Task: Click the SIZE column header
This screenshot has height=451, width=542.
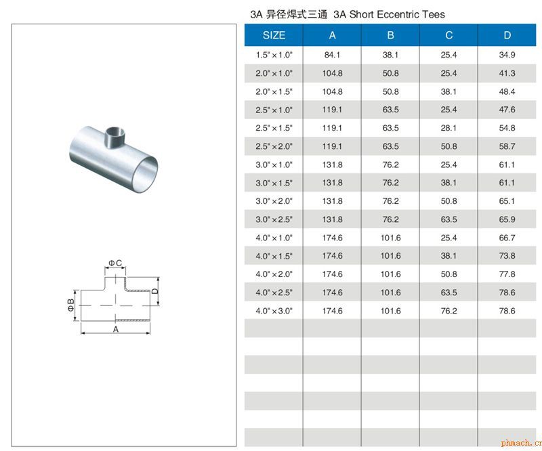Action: click(274, 35)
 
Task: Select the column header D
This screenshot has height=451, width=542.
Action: click(507, 35)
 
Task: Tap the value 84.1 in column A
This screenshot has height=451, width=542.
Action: click(332, 55)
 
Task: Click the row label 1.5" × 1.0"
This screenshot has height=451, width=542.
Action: click(274, 55)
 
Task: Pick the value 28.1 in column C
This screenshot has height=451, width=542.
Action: click(449, 128)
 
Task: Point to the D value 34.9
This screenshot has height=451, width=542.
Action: click(507, 55)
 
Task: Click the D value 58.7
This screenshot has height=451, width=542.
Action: click(507, 146)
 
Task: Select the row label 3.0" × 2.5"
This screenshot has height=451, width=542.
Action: click(274, 219)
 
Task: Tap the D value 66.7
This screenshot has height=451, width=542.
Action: click(507, 238)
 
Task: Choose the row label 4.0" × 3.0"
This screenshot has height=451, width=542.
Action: click(274, 311)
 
